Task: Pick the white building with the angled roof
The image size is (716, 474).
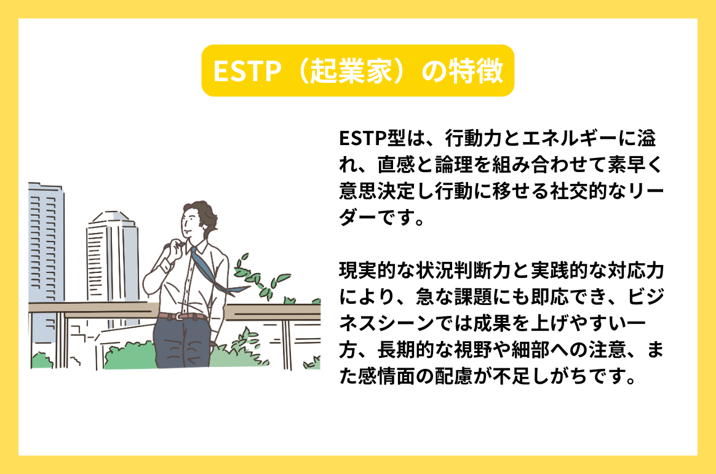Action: pyautogui.click(x=111, y=258)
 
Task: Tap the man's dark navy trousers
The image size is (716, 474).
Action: pyautogui.click(x=185, y=344)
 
